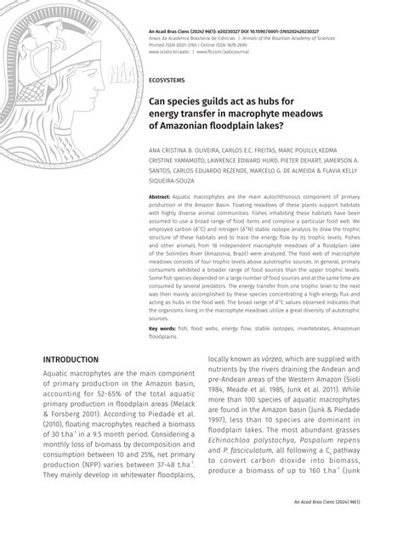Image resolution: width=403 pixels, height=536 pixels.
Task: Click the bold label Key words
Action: [x=163, y=327]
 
